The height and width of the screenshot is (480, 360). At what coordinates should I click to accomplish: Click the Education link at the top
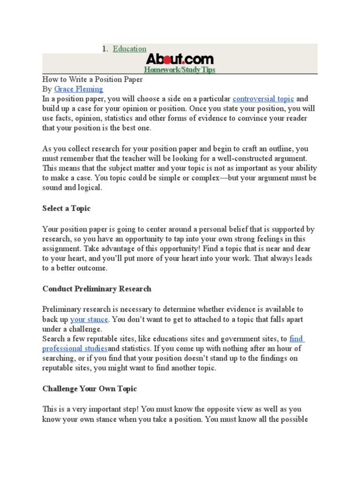(129, 49)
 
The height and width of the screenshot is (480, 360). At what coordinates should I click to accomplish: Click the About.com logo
(180, 59)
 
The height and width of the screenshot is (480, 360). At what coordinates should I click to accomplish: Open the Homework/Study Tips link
(180, 70)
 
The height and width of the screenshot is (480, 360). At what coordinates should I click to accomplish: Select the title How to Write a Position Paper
(92, 79)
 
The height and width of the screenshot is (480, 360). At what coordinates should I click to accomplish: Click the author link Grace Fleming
(78, 89)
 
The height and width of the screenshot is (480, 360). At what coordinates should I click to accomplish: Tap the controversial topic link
(263, 98)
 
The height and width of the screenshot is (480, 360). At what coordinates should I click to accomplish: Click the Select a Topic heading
(66, 208)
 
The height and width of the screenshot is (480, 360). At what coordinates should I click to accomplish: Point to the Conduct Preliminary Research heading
(97, 289)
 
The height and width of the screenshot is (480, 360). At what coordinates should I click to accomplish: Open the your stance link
(89, 319)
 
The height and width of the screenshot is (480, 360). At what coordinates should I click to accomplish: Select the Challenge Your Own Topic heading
(89, 389)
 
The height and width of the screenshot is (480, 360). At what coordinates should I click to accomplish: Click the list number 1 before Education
(105, 49)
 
